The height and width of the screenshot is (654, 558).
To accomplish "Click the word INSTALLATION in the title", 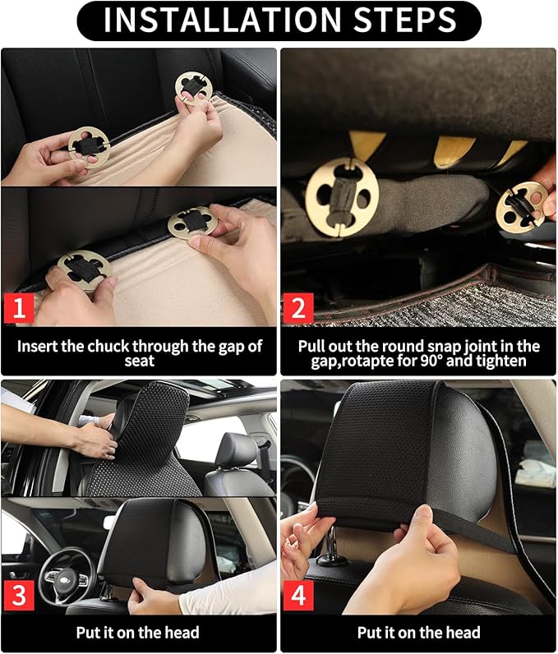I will coord(215,21).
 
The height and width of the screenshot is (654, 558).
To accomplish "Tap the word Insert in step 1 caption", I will coord(39,346).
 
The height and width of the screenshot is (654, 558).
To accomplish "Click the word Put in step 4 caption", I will coord(370,633).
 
